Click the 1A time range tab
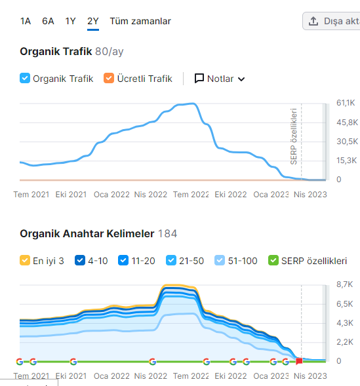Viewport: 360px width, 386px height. pos(26,21)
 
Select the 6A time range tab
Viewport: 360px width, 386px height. pos(48,21)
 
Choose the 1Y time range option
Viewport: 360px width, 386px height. pos(70,21)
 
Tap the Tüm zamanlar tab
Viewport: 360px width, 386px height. pos(140,21)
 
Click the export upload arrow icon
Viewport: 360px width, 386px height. pos(313,21)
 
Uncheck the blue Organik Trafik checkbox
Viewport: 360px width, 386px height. pos(25,78)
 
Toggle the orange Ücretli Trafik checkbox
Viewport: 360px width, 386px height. pos(109,78)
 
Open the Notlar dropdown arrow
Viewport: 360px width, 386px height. pos(241,79)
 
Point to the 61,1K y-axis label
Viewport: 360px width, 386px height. pos(346,103)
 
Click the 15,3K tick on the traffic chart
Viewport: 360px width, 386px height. pos(346,161)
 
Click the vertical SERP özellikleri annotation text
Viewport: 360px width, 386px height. pos(294,136)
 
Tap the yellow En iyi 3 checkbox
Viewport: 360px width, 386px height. pos(25,260)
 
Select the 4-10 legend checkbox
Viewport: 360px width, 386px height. pos(80,260)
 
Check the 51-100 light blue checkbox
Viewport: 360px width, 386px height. pos(220,260)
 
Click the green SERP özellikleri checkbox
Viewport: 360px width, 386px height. pos(273,260)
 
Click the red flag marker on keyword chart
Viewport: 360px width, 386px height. pos(299,361)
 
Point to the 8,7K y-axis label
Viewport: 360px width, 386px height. pos(345,284)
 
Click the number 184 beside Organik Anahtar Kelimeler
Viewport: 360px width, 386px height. pos(167,233)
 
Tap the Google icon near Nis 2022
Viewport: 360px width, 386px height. pos(153,362)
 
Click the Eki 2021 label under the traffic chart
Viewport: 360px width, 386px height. pos(71,195)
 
